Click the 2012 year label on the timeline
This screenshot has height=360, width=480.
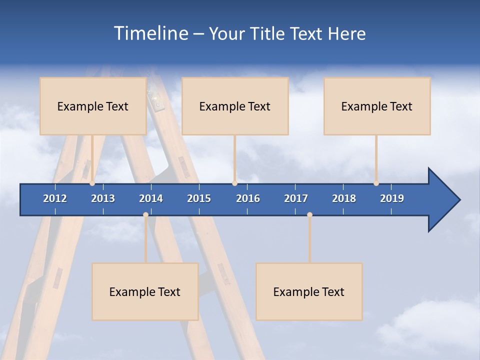[55, 198]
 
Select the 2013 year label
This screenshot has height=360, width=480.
[103, 198]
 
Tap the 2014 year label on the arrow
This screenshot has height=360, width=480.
[151, 198]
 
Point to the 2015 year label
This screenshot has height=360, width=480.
[199, 198]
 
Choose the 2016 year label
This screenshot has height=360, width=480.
[248, 198]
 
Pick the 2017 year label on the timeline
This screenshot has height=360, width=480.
[296, 198]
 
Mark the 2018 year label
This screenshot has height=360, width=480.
[344, 198]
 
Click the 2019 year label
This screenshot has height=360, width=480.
[392, 198]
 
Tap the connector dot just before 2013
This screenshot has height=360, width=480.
[92, 183]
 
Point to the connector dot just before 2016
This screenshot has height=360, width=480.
[234, 183]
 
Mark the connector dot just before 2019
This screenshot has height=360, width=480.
[376, 183]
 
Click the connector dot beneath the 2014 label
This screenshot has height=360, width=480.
[145, 215]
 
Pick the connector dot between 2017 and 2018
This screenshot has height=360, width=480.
[309, 215]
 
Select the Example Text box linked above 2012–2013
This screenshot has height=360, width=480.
[93, 106]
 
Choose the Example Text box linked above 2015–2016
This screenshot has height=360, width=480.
[235, 106]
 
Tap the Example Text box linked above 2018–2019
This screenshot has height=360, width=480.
[377, 106]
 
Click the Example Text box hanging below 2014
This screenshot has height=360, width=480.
[145, 291]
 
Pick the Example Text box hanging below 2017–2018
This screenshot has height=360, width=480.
[309, 291]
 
